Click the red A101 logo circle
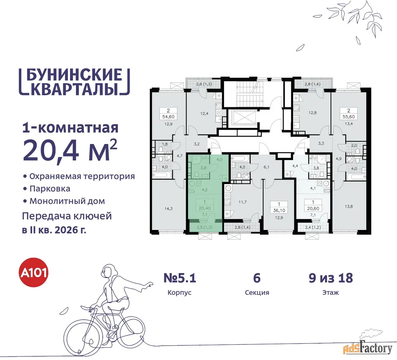[x=34, y=272]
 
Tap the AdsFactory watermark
[x=368, y=348]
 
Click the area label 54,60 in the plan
[x=168, y=117]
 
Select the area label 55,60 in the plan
[x=349, y=117]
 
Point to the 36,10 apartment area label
[x=279, y=210]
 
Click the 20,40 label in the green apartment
[x=205, y=208]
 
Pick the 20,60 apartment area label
[x=313, y=208]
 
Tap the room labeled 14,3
[x=168, y=209]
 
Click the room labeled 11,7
[x=243, y=202]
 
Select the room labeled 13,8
[x=349, y=206]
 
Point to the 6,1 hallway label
[x=266, y=167]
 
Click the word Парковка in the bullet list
[x=50, y=189]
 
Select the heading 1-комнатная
[x=70, y=128]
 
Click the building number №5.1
[x=180, y=278]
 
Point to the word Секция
[x=257, y=292]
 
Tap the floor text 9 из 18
[x=331, y=278]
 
